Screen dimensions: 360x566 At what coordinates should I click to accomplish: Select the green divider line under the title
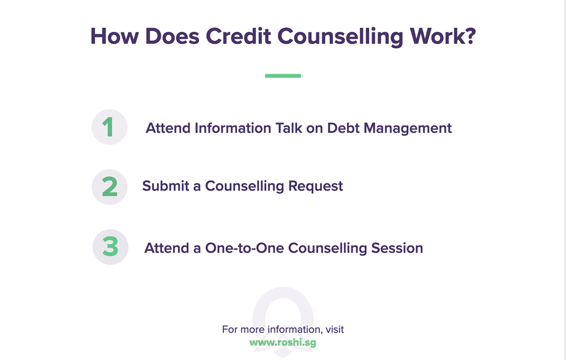(x=283, y=75)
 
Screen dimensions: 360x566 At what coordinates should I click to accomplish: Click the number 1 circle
(x=109, y=127)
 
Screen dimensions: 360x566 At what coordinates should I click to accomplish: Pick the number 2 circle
(x=109, y=187)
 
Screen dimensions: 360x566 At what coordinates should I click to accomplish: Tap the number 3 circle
(x=110, y=247)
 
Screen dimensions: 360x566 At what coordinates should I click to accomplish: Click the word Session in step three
(x=397, y=248)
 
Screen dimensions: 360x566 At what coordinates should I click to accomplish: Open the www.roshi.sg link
(x=283, y=343)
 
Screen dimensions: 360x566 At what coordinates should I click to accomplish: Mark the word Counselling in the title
(x=340, y=37)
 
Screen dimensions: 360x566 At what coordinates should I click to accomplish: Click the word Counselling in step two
(x=245, y=187)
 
